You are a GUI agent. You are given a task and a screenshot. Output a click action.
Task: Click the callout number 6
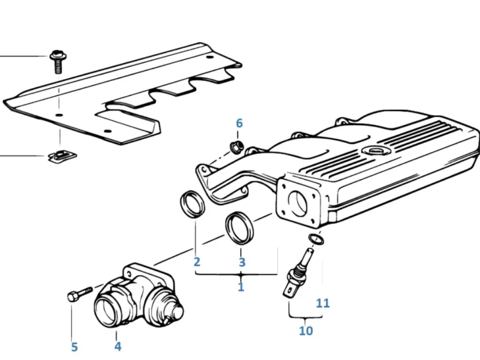point(239,124)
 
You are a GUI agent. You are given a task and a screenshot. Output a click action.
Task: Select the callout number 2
point(197,262)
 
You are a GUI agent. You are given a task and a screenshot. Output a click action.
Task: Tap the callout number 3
point(242,262)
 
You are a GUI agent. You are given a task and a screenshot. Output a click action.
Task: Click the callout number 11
point(323,303)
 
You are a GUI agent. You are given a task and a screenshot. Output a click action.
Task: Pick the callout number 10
point(305,330)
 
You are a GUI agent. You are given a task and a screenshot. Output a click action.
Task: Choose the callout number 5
point(74,347)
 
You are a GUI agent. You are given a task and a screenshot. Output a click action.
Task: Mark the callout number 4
point(118,346)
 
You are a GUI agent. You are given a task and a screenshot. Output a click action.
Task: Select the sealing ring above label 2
point(192,205)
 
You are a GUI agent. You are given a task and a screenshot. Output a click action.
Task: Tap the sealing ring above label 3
point(239,228)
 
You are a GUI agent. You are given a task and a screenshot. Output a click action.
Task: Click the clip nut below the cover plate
point(61,156)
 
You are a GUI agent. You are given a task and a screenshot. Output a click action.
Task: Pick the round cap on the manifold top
point(377,151)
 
